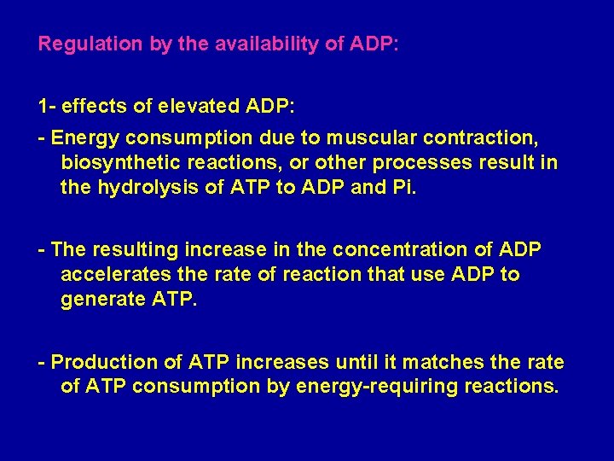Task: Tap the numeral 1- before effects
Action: (48, 108)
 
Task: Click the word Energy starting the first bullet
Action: (86, 137)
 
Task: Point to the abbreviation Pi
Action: (403, 188)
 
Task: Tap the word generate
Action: (98, 301)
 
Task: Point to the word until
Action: (322, 362)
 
